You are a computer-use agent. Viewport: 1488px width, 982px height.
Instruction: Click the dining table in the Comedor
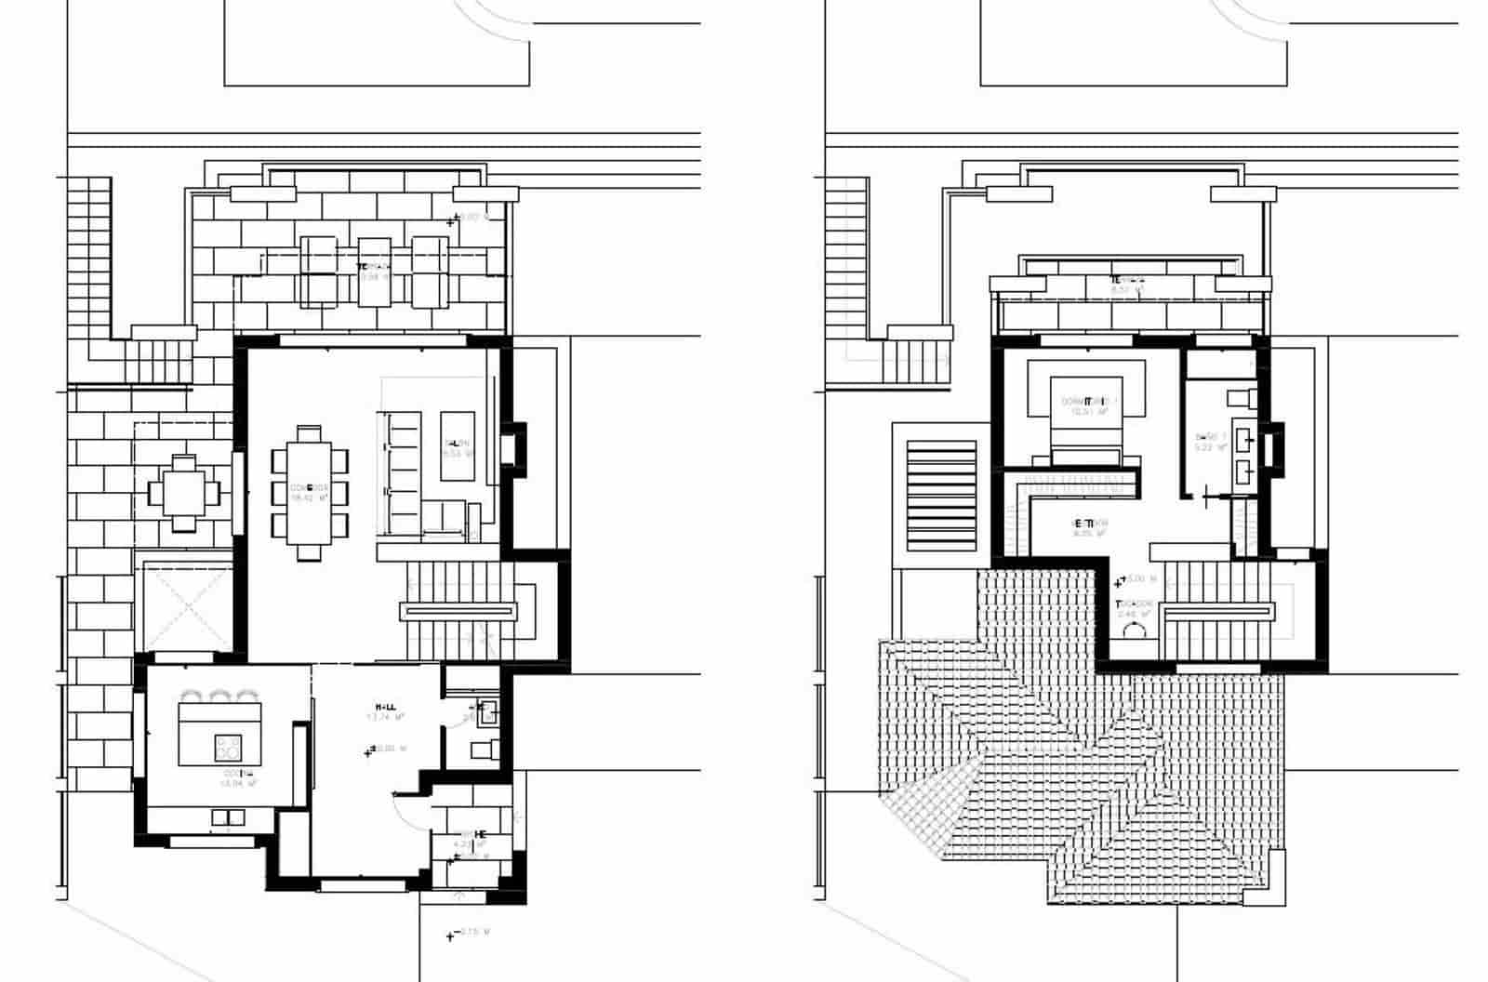point(309,491)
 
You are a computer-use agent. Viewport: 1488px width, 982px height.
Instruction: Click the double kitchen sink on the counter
point(228,818)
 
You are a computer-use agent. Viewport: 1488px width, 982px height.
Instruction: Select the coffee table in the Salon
point(457,446)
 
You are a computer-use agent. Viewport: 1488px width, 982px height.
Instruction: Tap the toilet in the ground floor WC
point(485,749)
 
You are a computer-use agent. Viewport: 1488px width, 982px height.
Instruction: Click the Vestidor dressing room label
point(1090,527)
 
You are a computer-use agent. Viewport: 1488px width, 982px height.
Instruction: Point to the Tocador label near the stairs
point(1134,608)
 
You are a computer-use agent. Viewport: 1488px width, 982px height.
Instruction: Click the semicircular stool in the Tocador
point(1136,630)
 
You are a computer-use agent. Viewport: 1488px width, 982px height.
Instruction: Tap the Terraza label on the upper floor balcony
point(1126,284)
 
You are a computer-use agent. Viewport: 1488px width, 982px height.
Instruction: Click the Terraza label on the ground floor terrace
point(374,271)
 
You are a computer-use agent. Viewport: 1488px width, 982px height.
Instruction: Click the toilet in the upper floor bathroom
point(1240,398)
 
